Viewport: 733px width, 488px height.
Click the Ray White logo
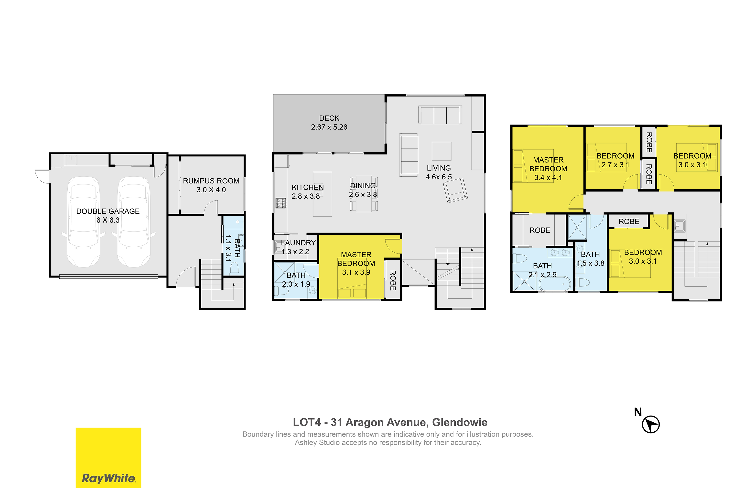[108, 457]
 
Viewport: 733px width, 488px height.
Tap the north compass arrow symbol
[651, 425]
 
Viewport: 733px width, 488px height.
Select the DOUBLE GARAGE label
[108, 211]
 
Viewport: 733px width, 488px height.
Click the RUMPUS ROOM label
[211, 181]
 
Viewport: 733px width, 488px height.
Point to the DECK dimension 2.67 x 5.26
[329, 127]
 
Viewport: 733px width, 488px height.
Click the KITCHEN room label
[308, 187]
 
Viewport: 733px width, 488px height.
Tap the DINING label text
[363, 185]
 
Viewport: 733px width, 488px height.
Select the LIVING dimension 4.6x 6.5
[439, 177]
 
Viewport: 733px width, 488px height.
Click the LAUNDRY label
[298, 243]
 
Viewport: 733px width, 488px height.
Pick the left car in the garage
[84, 222]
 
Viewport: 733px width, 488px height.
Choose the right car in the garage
[134, 222]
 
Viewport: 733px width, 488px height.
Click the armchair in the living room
[455, 191]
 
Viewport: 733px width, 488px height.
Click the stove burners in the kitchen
[281, 203]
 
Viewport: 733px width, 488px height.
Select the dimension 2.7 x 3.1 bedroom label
[615, 165]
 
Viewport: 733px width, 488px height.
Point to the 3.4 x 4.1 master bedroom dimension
[548, 178]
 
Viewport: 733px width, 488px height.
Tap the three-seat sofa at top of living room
[440, 115]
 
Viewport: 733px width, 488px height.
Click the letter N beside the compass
[638, 412]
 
